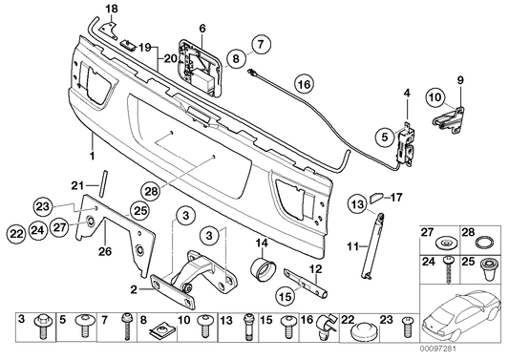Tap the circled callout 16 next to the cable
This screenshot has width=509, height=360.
[x=303, y=84]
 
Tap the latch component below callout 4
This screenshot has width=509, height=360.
[x=407, y=140]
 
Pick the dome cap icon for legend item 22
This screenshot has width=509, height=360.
[x=359, y=335]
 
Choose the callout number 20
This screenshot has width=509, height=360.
[x=168, y=58]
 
